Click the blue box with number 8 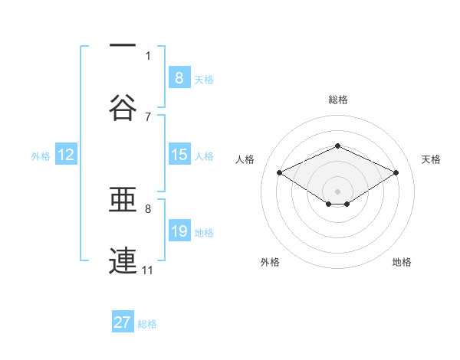point(179,77)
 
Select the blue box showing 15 point(179,155)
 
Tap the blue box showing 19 point(179,231)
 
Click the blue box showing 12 point(66,155)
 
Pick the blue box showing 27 point(123,322)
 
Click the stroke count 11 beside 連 point(148,270)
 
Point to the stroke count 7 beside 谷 point(148,116)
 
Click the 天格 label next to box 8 point(203,79)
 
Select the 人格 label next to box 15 point(203,156)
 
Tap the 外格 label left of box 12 point(41,156)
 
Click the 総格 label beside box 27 point(147,324)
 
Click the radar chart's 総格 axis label point(337,100)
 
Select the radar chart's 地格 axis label point(402,262)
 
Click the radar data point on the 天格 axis point(396,173)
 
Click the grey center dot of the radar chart point(337,190)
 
